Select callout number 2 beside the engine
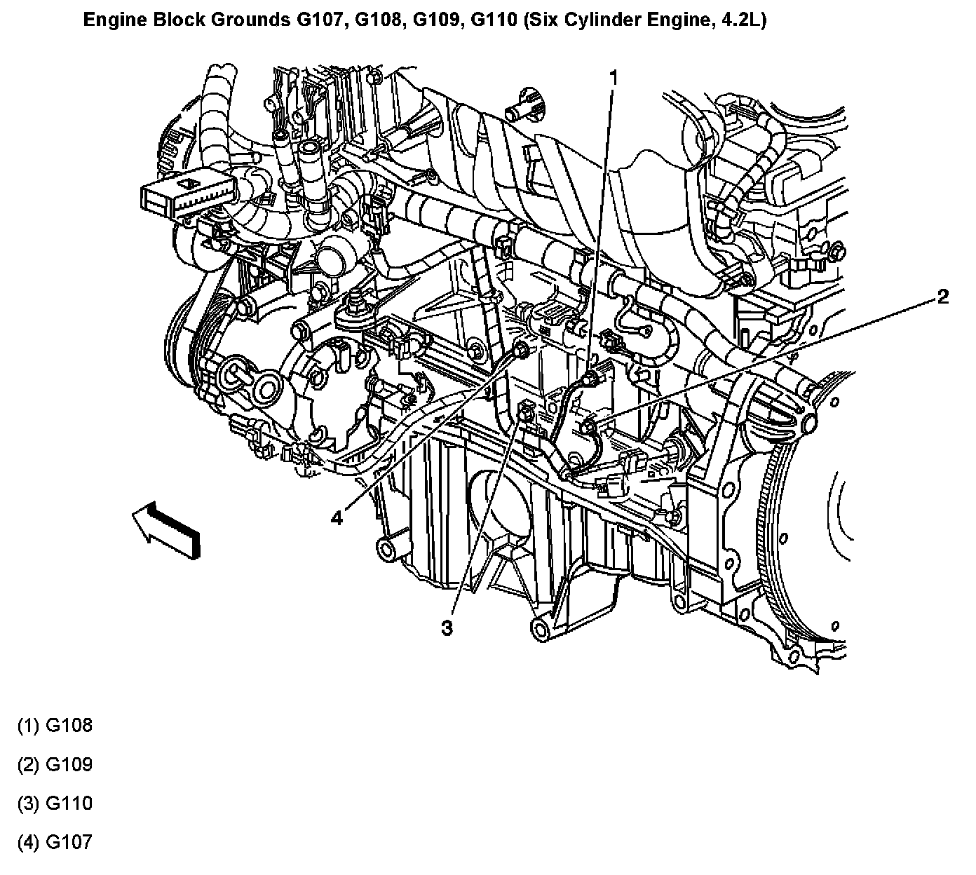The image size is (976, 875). (942, 297)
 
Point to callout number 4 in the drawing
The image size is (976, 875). (337, 518)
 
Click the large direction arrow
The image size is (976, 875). (166, 529)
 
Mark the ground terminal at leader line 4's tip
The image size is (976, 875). (521, 351)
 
